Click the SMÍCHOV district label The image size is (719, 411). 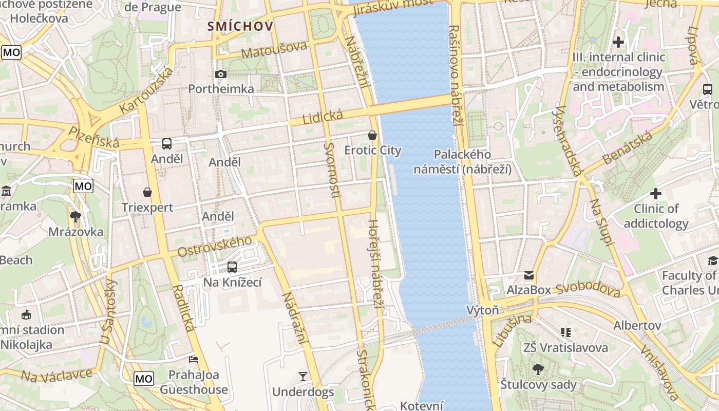coord(240,26)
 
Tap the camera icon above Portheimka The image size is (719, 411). coord(221,74)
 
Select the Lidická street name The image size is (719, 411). coord(322,118)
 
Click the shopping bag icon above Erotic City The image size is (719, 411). coord(372,135)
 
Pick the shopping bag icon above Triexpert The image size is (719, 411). coord(147,192)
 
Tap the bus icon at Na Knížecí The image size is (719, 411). coord(232,267)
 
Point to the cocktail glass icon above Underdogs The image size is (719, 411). coord(303,377)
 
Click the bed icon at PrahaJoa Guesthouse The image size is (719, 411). coord(194,359)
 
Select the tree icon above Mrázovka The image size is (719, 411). coord(75,216)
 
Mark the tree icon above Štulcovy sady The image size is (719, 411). coord(538,369)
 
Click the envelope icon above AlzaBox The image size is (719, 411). coord(529,275)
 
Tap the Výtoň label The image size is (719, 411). coord(483,310)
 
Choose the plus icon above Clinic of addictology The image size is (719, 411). coord(656,194)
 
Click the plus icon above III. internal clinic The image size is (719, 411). coord(618,42)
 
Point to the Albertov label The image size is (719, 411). coord(637,326)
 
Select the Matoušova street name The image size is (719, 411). coord(274,50)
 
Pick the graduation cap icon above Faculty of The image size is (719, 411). coord(712,261)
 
